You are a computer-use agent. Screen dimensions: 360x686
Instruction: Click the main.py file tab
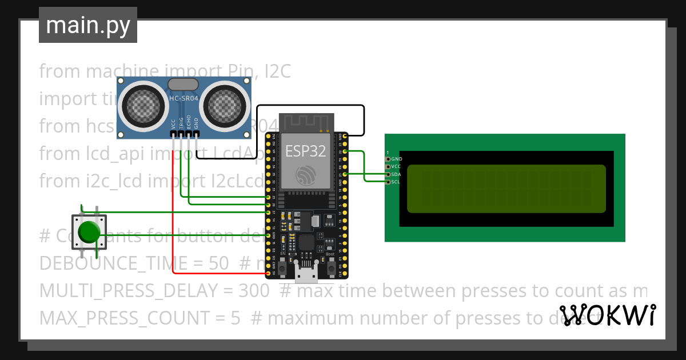coord(87,25)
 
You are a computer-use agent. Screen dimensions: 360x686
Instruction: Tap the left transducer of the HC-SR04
coord(140,104)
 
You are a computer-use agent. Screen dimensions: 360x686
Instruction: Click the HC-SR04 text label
coord(184,98)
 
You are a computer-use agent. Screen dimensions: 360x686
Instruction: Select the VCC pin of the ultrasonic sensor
coord(173,134)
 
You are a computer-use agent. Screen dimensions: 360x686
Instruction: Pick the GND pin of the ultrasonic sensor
coord(196,134)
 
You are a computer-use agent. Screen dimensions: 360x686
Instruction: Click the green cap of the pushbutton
coord(89,231)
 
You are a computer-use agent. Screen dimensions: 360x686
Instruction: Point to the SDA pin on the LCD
coord(388,174)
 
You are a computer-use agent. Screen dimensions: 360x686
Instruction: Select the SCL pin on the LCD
coord(388,182)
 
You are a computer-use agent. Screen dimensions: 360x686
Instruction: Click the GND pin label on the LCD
coord(396,159)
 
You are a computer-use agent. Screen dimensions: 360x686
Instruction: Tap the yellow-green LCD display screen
coord(506,189)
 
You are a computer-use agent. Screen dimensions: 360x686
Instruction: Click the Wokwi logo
coord(607,315)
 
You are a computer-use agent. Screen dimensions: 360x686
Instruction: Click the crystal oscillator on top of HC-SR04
coord(183,84)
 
